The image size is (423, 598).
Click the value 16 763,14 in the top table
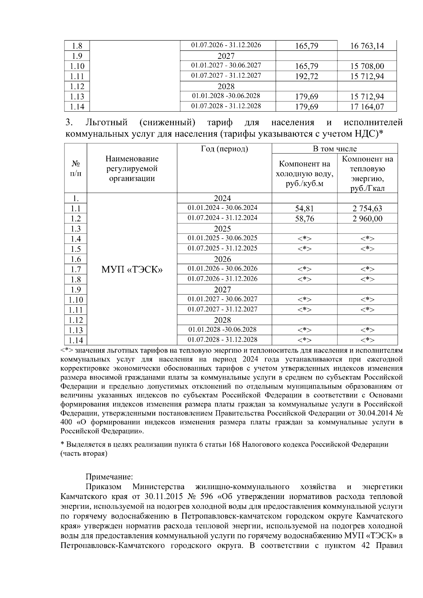367,46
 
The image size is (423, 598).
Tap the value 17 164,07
367,107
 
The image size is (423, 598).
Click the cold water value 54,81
304,208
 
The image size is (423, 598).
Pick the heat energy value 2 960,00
367,219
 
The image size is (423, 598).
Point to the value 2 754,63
367,208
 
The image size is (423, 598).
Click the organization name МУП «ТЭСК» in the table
132,270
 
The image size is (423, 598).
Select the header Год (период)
224,149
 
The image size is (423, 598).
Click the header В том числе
335,149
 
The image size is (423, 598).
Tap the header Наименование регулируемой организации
132,169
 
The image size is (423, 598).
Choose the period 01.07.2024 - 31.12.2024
222,218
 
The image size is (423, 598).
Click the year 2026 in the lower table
222,259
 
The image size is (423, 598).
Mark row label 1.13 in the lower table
75,330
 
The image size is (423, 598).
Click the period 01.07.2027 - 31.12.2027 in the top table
226,76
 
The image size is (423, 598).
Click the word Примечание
109,477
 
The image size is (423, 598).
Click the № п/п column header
75,169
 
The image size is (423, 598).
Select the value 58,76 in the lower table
304,219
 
